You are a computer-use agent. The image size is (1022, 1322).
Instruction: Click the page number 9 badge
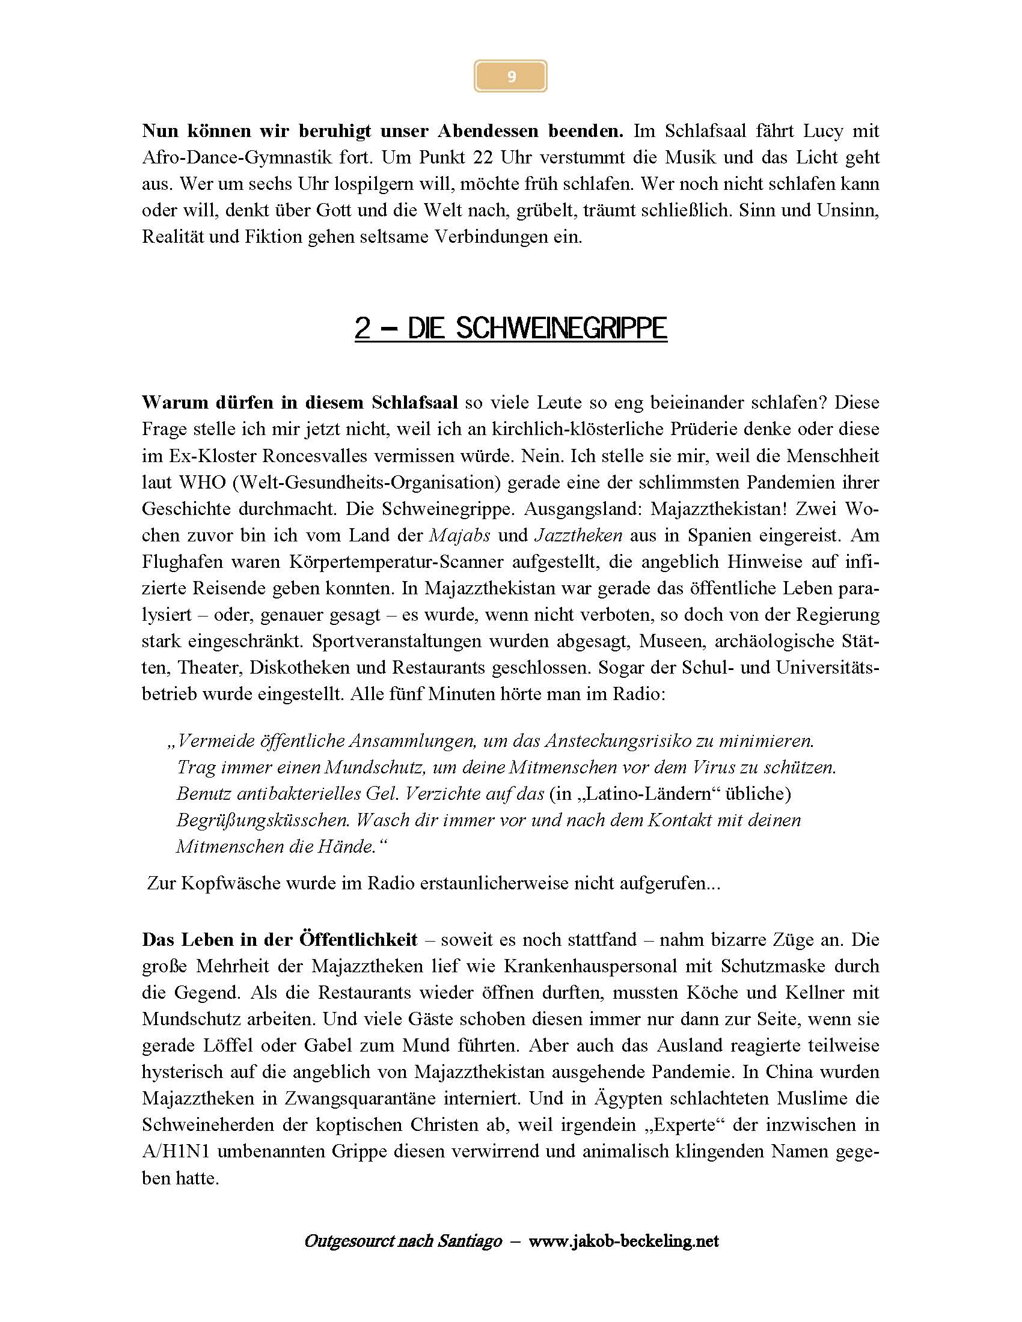(x=510, y=76)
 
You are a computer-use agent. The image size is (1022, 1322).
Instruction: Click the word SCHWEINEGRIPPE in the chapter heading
(x=561, y=328)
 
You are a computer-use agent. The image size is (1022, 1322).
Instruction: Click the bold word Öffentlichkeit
(x=358, y=939)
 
